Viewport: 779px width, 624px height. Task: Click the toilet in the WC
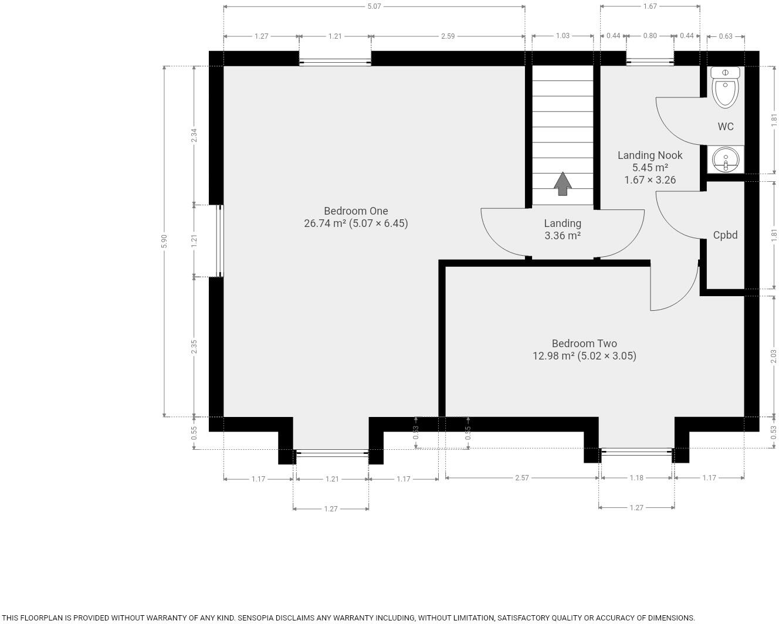coord(726,87)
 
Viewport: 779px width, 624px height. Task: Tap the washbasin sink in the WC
coord(726,160)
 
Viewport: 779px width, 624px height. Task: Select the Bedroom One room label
coord(355,211)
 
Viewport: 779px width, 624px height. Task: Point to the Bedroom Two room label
coord(584,344)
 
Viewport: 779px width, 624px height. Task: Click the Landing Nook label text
coord(650,155)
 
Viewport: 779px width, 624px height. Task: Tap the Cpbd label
coord(725,235)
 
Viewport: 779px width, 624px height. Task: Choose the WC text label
coord(726,127)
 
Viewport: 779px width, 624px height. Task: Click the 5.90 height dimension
coord(164,241)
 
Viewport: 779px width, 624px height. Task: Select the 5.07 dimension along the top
coord(374,6)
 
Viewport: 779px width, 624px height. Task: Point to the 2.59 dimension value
coord(448,36)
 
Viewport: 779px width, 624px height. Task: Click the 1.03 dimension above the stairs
coord(563,36)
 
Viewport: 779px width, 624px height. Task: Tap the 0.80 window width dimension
coord(650,36)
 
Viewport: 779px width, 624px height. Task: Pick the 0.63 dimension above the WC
coord(726,36)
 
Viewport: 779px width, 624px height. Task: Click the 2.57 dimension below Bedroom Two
coord(521,478)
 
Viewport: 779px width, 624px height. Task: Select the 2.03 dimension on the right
coord(774,356)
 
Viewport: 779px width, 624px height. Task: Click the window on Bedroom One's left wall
coord(220,240)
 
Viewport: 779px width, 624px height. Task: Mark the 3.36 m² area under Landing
coord(563,236)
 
